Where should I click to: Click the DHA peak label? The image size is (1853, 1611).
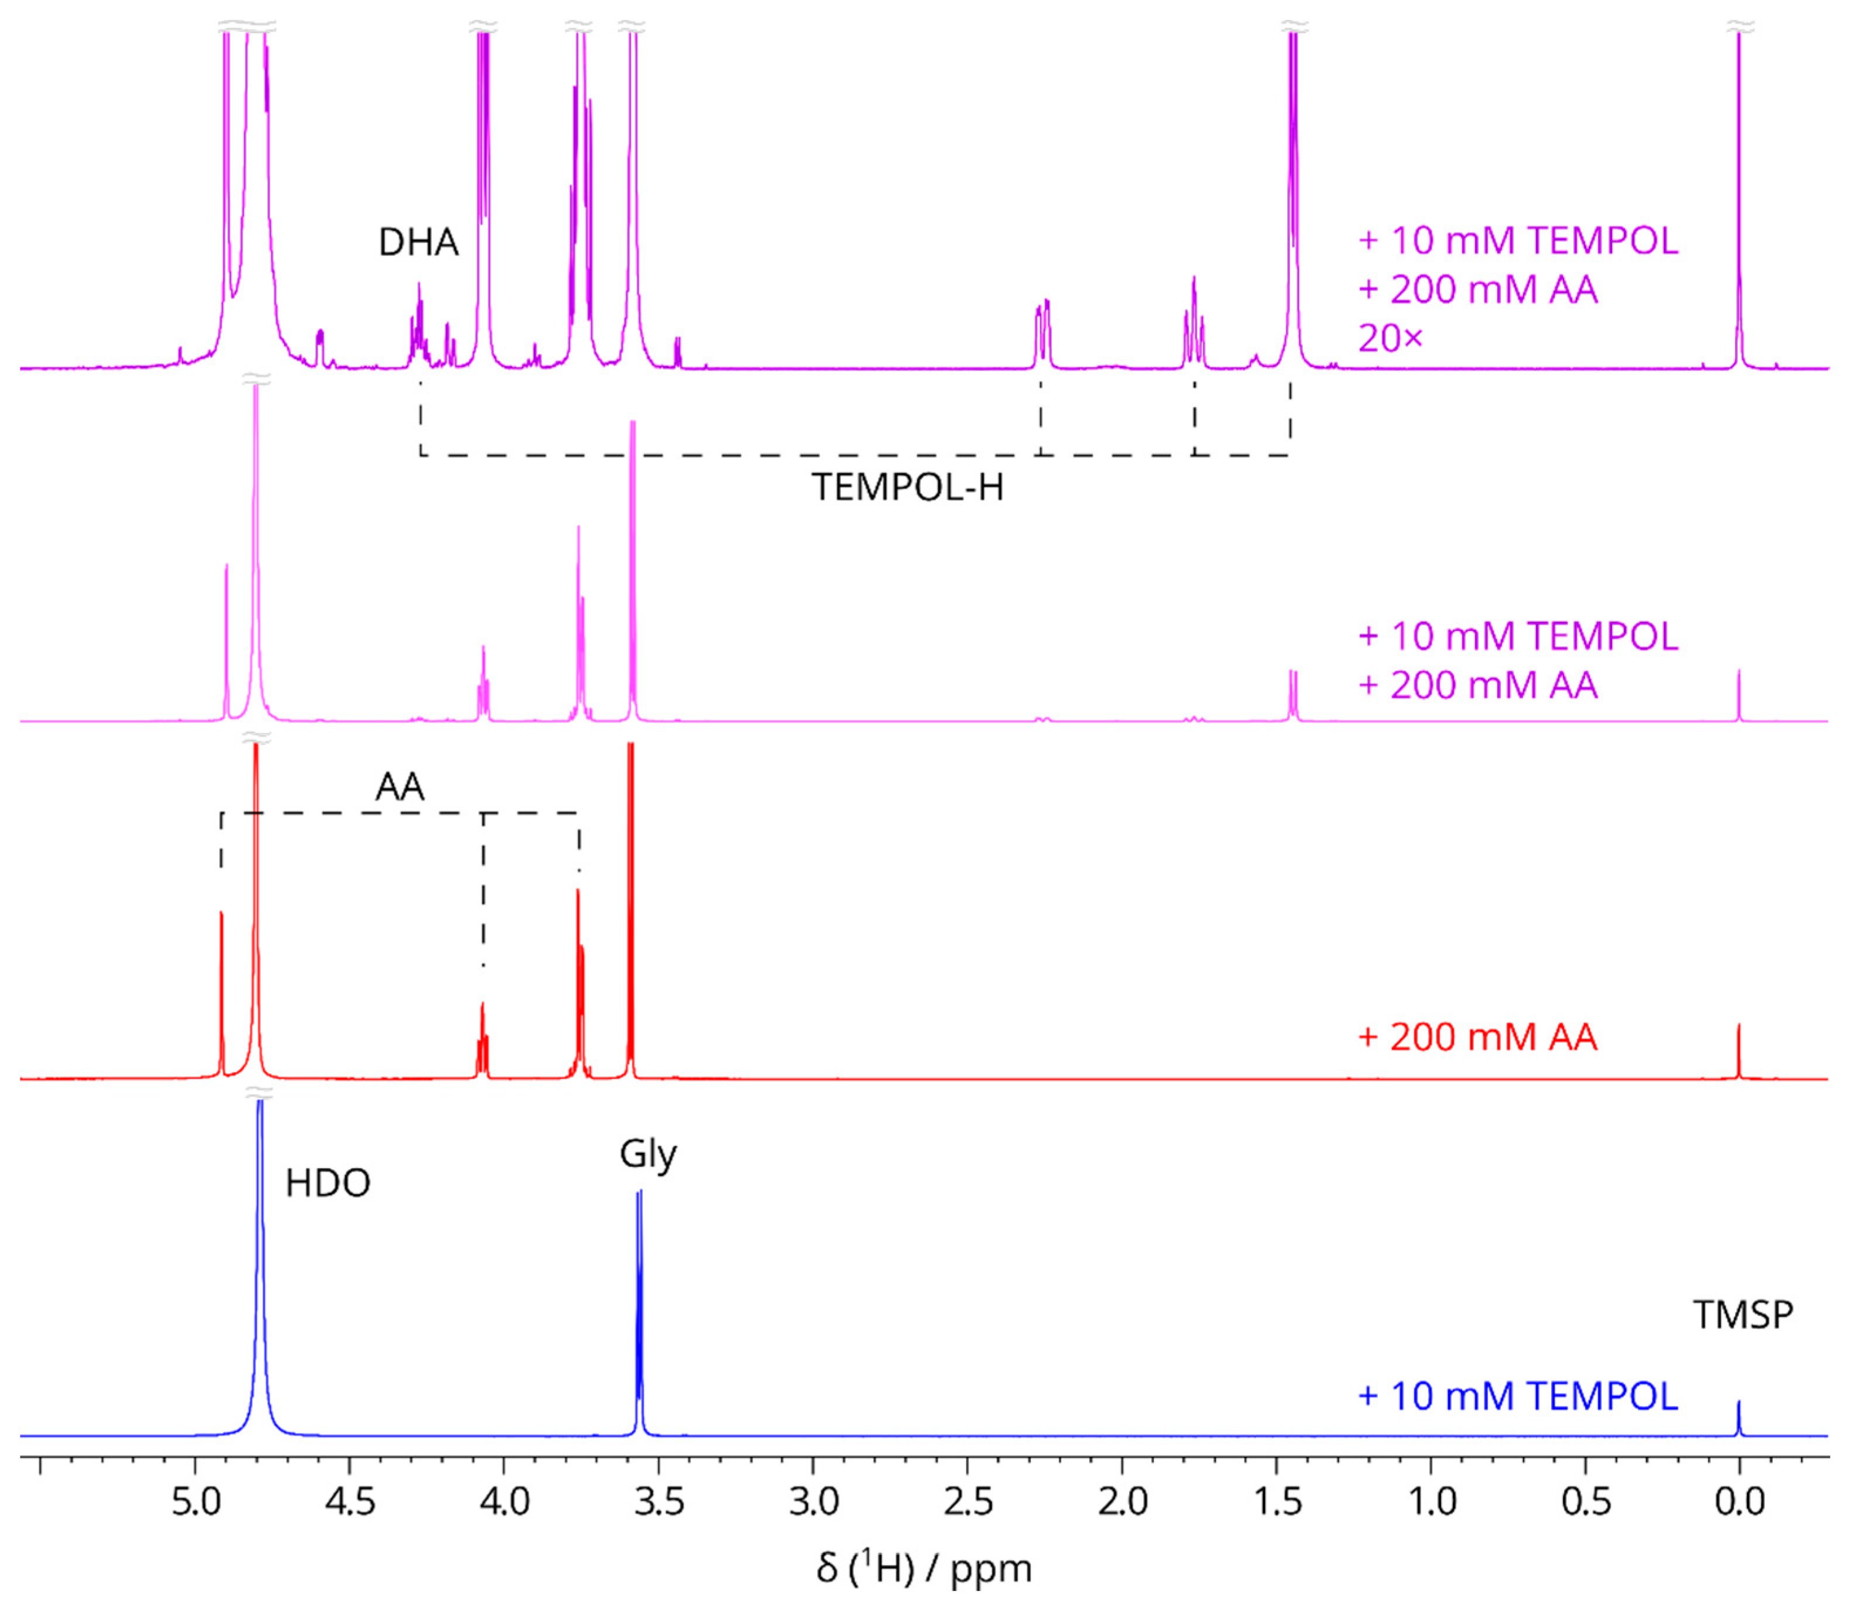click(418, 243)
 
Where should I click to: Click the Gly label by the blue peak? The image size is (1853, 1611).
click(648, 1154)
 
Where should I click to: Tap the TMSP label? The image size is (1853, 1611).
click(1742, 1315)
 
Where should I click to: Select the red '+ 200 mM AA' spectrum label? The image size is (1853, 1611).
click(1477, 1037)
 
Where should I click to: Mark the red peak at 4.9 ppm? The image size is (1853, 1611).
click(221, 989)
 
